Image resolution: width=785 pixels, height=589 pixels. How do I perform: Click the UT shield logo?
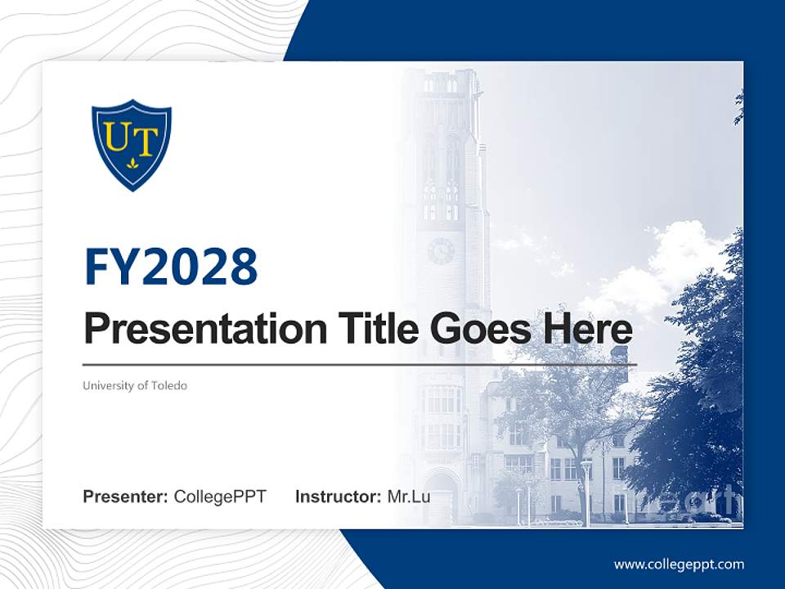coord(132,145)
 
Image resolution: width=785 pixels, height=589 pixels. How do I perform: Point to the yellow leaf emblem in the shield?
coord(132,164)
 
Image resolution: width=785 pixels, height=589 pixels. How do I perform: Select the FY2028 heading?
coord(171,267)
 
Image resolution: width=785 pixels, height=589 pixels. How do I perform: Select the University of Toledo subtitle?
coord(135,385)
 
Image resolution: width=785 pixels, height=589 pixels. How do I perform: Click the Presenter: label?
coord(126,497)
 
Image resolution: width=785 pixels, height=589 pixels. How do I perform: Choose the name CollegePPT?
coord(220,497)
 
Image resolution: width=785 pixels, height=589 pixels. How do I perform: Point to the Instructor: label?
coord(338,497)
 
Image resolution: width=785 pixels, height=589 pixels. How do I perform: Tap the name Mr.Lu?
coord(409,497)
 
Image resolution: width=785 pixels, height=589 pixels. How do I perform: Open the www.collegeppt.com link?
coord(679,564)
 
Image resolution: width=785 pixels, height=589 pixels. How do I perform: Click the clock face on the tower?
coord(441,251)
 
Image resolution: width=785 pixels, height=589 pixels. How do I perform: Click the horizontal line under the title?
coord(360,365)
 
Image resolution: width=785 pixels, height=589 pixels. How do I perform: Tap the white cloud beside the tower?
coord(671,262)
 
